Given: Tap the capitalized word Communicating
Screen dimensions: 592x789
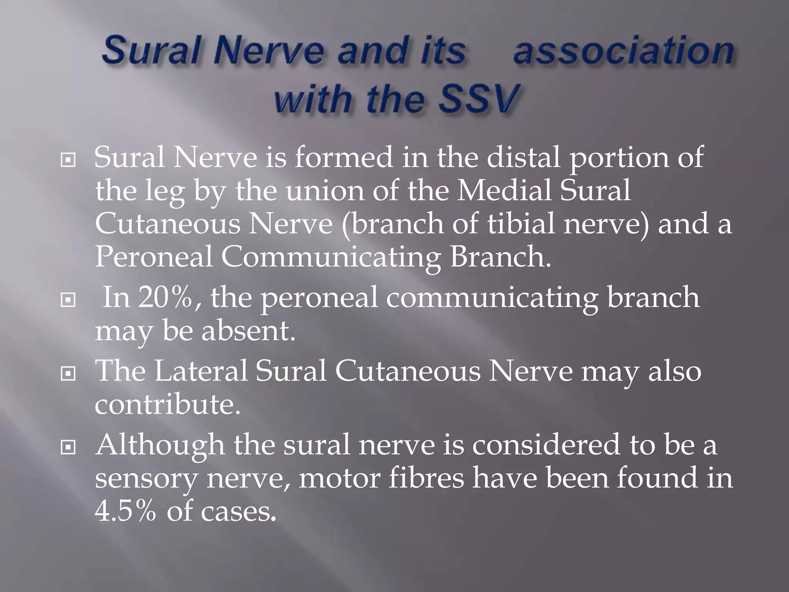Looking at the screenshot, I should click(331, 257).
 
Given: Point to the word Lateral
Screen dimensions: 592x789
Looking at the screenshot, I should click(201, 371).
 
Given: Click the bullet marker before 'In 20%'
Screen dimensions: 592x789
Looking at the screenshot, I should click(68, 300).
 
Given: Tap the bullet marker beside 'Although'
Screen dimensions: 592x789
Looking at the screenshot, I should click(68, 447).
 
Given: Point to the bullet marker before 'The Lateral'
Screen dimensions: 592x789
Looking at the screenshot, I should click(68, 373).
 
